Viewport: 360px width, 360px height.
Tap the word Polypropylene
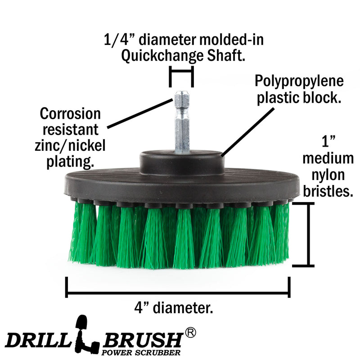tap(299, 81)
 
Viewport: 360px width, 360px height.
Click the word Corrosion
tap(70, 114)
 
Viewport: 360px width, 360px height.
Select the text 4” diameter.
tap(174, 308)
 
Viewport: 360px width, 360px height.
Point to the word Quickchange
tap(162, 56)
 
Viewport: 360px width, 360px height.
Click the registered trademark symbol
tap(190, 333)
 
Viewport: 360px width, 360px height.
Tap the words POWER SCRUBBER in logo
tap(141, 352)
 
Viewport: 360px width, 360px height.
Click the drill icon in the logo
tap(86, 335)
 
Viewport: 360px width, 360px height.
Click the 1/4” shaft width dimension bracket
tap(181, 76)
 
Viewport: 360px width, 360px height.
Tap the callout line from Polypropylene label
tap(247, 132)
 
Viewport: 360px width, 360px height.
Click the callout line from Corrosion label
tap(140, 113)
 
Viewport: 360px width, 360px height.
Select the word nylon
tap(328, 175)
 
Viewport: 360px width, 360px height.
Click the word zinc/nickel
tap(70, 145)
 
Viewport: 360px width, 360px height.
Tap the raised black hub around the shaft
tap(182, 162)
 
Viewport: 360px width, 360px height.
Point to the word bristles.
tap(328, 190)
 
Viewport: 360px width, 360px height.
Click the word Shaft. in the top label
tap(226, 55)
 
